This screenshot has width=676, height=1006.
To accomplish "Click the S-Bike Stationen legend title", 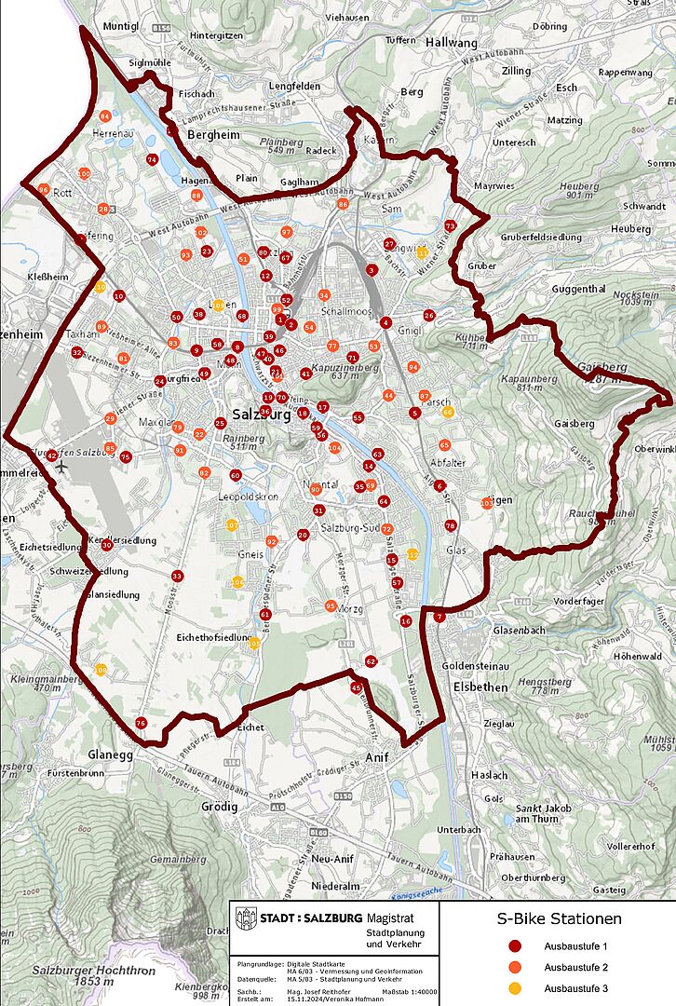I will pyautogui.click(x=558, y=919).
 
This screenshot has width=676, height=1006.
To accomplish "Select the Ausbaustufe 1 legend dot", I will pyautogui.click(x=513, y=946).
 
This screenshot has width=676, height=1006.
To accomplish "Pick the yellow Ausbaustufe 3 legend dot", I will pyautogui.click(x=513, y=987).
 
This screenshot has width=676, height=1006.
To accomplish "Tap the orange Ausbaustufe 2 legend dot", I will pyautogui.click(x=513, y=967).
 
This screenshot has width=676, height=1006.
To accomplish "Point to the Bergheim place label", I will pyautogui.click(x=214, y=135).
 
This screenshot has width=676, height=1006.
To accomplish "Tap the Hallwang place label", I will pyautogui.click(x=451, y=42).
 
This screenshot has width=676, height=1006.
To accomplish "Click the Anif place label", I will pyautogui.click(x=376, y=756).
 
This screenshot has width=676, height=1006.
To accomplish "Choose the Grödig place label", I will pyautogui.click(x=220, y=807).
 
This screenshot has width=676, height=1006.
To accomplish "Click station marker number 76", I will pyautogui.click(x=141, y=723).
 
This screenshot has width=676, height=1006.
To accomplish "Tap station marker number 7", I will pyautogui.click(x=439, y=617).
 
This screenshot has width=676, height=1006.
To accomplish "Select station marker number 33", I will pyautogui.click(x=177, y=577).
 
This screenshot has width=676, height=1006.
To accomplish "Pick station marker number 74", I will pyautogui.click(x=152, y=159).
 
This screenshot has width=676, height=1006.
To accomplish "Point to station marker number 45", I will pyautogui.click(x=356, y=687).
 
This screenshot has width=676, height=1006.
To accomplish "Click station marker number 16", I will pyautogui.click(x=405, y=620).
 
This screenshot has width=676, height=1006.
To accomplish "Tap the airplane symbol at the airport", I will pyautogui.click(x=61, y=466).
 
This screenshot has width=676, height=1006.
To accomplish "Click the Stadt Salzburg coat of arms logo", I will pyautogui.click(x=246, y=918).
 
